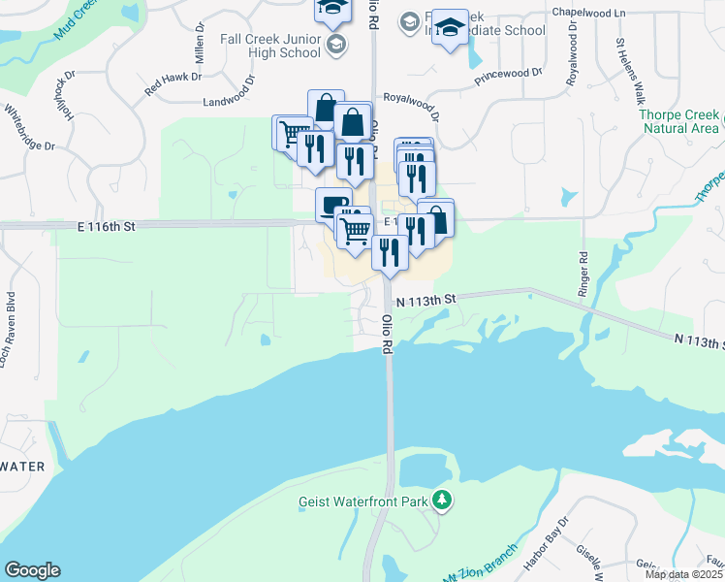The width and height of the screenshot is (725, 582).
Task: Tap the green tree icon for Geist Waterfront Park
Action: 443,501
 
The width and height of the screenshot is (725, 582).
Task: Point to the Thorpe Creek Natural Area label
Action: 679,121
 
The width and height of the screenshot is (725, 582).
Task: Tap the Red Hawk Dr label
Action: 173,82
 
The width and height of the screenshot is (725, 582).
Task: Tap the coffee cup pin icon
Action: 332,204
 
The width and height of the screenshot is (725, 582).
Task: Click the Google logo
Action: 32,569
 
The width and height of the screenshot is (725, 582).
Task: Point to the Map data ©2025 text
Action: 684,574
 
